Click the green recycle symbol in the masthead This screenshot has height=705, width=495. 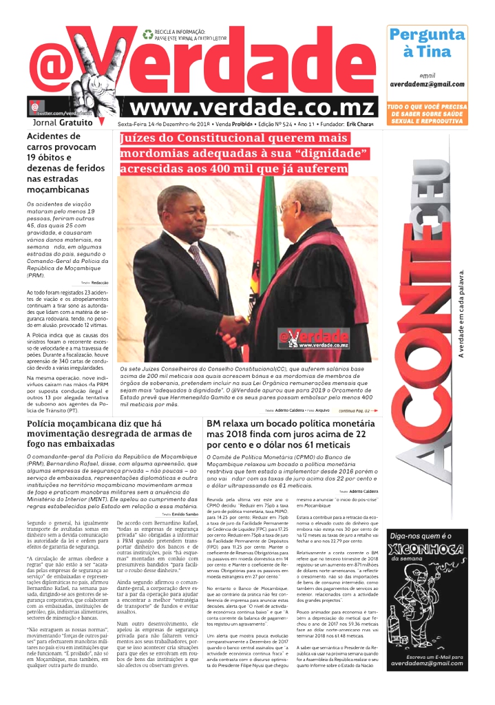(147, 33)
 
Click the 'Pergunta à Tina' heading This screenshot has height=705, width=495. (426, 43)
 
